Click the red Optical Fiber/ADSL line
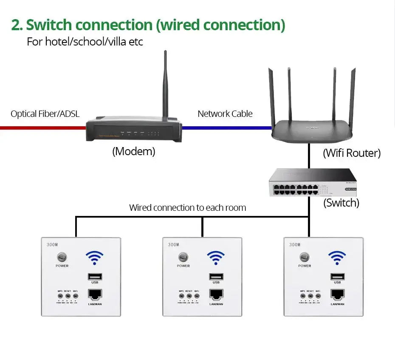(x=42, y=127)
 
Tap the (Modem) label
(x=134, y=151)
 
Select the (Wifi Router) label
(x=352, y=153)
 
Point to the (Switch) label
(x=341, y=203)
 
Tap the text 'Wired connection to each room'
(x=187, y=208)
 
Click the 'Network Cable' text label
(x=225, y=114)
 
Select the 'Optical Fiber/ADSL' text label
(x=45, y=114)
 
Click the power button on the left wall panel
(x=62, y=258)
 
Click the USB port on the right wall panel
(x=337, y=276)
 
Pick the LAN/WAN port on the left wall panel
(x=95, y=295)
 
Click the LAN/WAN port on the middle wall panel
(x=216, y=295)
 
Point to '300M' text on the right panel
(x=295, y=245)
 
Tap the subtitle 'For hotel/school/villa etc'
(x=85, y=43)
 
